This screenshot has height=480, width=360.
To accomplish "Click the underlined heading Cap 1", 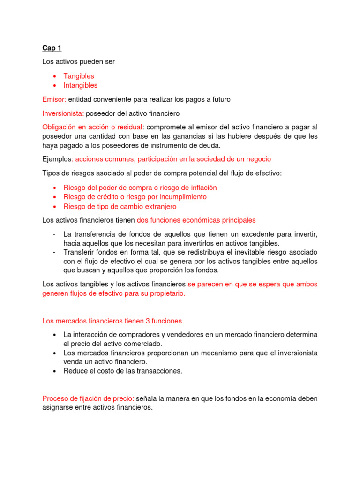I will tap(52, 48).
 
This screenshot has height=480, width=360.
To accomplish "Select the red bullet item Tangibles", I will tap(78, 76).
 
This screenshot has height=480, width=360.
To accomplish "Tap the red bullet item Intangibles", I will tap(80, 85).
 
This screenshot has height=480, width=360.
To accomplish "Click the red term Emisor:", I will tap(54, 99).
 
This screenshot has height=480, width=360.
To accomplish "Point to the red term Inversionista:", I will tap(63, 113).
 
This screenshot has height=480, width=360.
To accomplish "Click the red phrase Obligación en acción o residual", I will tap(92, 127).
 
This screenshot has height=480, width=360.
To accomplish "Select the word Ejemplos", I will tap(57, 159).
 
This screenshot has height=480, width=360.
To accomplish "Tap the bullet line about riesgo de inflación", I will tap(140, 187).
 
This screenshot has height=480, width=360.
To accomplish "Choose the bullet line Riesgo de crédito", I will tap(135, 197).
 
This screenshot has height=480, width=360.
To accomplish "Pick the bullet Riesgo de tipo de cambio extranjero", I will tap(120, 206).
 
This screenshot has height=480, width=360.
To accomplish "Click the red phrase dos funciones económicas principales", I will tap(196, 220).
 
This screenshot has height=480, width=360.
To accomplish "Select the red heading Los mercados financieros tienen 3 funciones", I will tap(112, 321).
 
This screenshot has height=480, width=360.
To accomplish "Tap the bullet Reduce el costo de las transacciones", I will tap(122, 371).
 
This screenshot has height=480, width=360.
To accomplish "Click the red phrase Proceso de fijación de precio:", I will tap(88, 398).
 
